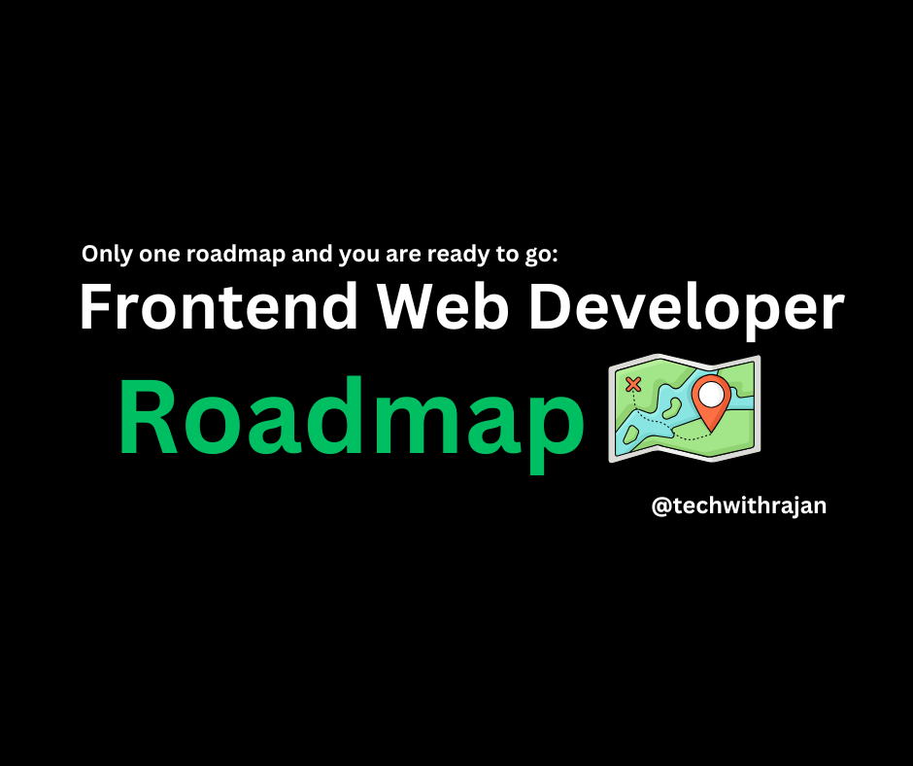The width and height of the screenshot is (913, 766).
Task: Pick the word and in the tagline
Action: [312, 254]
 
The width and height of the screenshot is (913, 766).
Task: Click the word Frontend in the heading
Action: [219, 306]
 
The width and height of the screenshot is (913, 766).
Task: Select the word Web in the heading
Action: [443, 306]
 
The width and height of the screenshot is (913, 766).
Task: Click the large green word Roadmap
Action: [352, 425]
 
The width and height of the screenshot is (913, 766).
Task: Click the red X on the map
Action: [633, 384]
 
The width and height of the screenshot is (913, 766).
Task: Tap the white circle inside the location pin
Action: [711, 394]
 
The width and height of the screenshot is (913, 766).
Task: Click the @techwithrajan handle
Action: [739, 506]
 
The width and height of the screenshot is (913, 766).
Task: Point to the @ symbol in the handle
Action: [661, 506]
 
